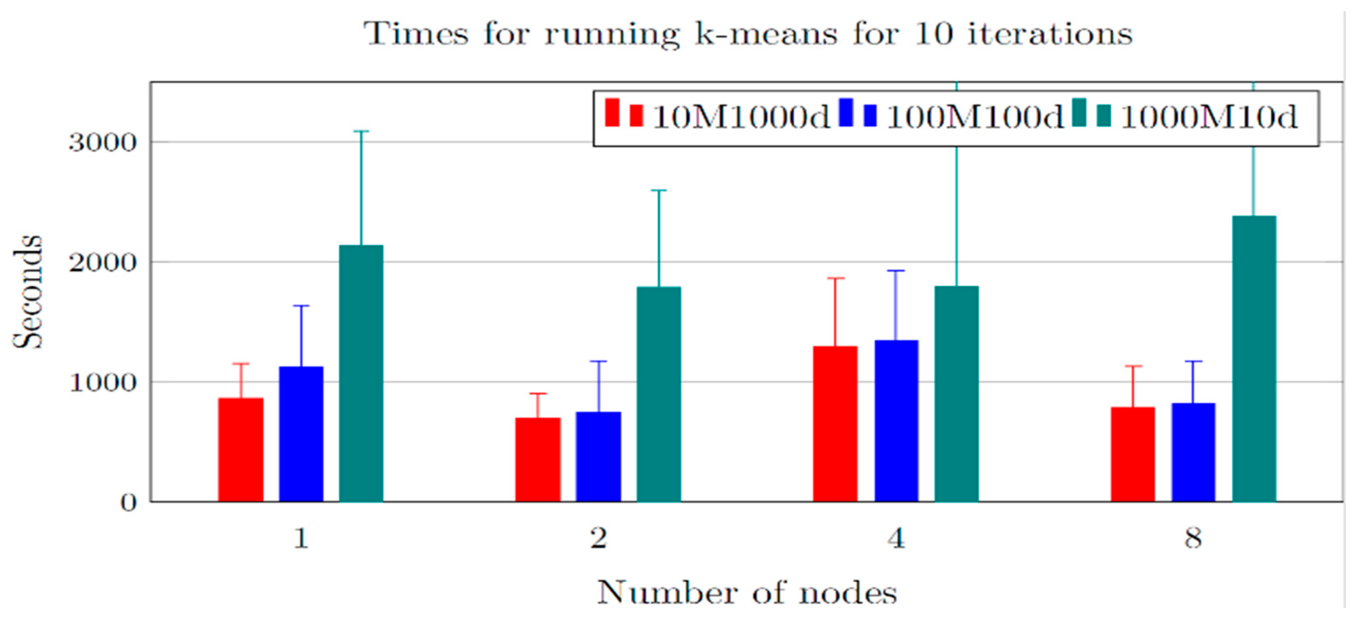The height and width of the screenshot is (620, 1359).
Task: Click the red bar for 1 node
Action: point(241,450)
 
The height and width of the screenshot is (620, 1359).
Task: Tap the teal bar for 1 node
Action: point(361,373)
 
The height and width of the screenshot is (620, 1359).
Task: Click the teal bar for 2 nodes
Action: point(658,394)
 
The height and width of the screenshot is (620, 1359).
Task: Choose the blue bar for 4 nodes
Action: point(896,420)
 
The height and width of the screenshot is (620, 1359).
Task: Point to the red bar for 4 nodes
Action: point(835,424)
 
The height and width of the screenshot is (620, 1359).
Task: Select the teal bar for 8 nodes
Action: point(1254,359)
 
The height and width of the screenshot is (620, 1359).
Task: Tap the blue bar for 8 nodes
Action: point(1193,452)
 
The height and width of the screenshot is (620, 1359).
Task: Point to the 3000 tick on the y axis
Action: point(103,142)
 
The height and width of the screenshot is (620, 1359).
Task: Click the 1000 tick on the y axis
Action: point(103,382)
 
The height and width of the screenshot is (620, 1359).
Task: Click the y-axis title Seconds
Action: point(27,292)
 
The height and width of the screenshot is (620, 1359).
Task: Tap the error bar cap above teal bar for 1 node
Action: point(361,131)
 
